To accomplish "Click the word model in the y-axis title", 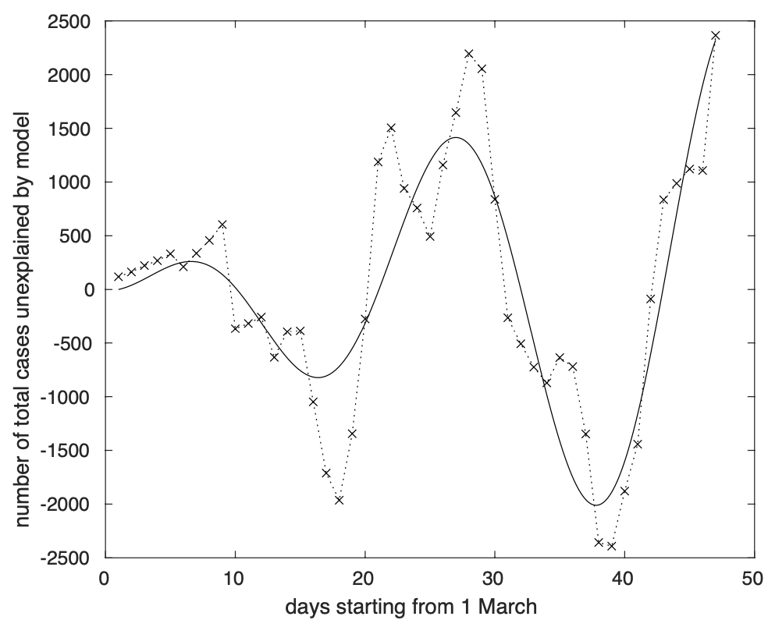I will tap(23, 146).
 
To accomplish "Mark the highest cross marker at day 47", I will tap(715, 36).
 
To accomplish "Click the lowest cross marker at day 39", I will tap(611, 546).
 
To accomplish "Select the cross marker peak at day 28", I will tap(469, 54).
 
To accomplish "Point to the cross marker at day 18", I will tap(339, 500).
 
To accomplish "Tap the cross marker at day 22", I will tap(391, 128).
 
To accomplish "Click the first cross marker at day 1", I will tap(119, 277).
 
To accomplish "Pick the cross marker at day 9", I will tap(222, 225).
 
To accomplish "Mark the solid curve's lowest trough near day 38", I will tap(596, 505).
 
